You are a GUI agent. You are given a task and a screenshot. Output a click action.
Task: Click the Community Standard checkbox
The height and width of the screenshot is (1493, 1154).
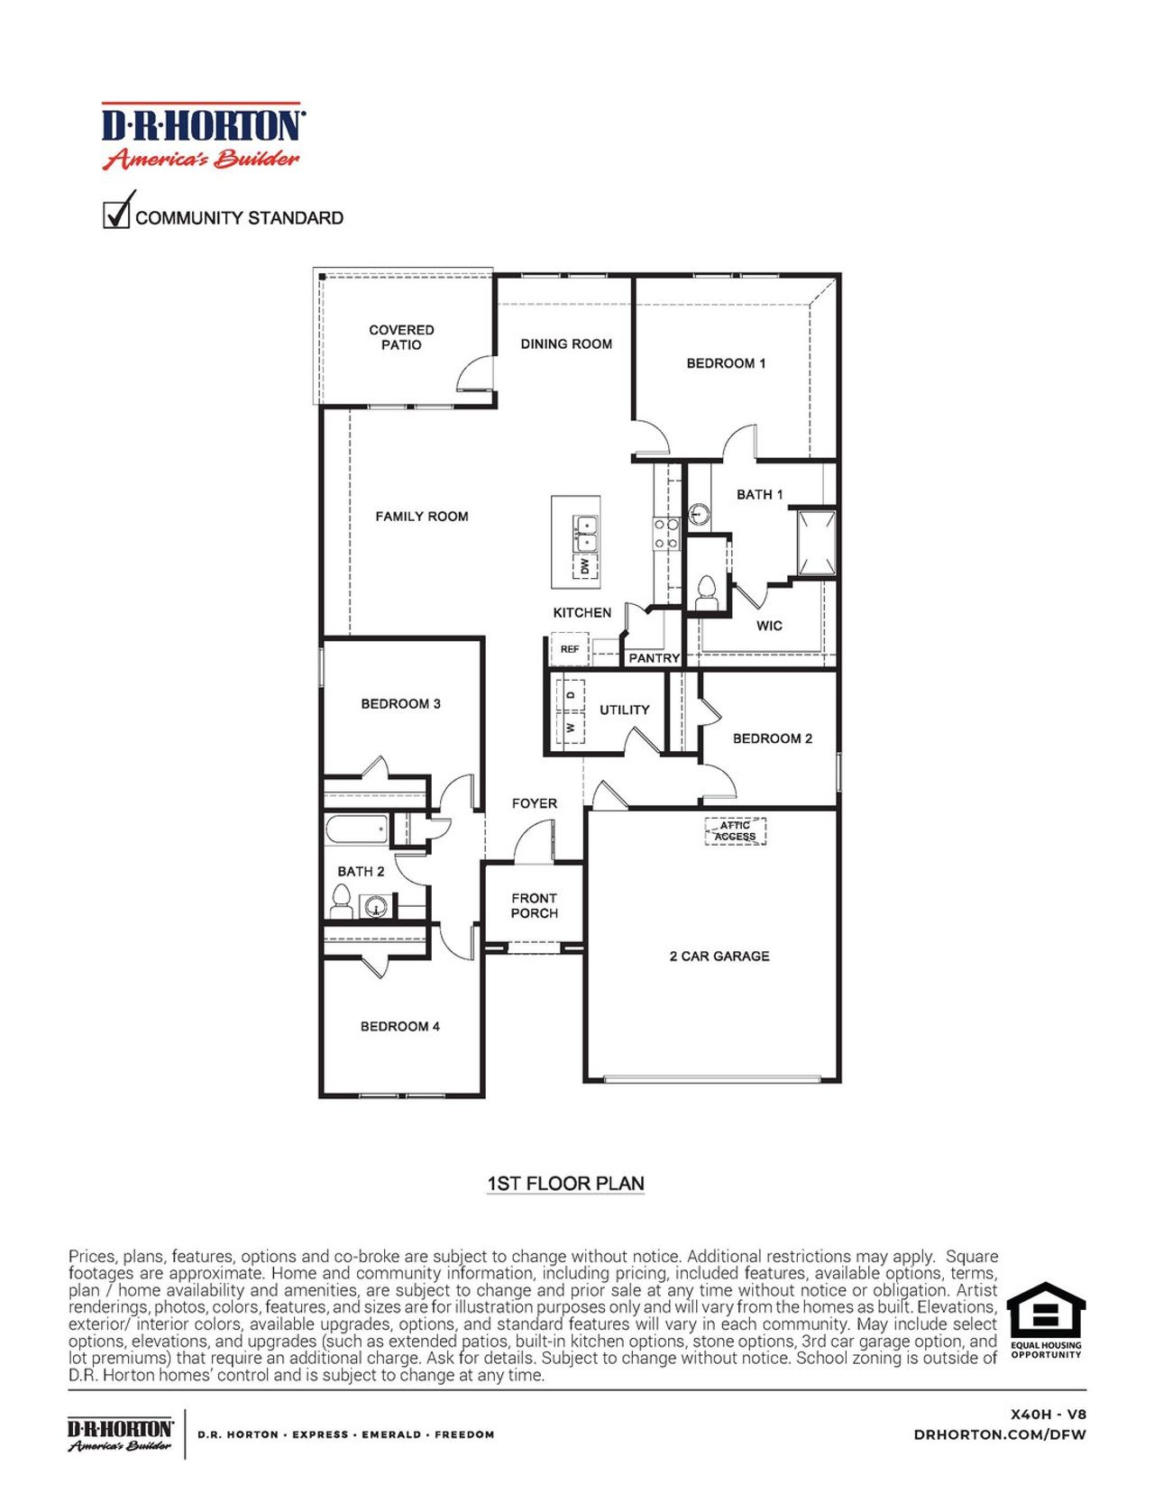(116, 215)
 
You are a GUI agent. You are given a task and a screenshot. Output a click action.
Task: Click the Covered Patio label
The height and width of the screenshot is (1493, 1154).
(401, 337)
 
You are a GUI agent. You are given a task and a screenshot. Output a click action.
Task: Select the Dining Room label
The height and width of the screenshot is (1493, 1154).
(566, 343)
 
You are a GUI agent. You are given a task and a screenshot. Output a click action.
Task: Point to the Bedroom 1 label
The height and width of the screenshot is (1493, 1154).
(726, 363)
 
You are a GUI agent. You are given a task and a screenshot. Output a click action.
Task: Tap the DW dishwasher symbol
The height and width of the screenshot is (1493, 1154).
(585, 566)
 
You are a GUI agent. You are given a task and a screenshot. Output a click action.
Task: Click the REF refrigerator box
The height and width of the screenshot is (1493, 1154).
(570, 649)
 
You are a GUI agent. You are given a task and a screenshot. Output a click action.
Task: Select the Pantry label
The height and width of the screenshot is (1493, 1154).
(654, 658)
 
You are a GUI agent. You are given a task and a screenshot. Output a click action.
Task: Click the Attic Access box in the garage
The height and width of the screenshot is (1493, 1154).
(735, 830)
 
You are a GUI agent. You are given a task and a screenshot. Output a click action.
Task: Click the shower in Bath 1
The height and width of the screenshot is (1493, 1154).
(816, 542)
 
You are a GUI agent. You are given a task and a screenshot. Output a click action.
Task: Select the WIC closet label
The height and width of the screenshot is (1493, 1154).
(769, 626)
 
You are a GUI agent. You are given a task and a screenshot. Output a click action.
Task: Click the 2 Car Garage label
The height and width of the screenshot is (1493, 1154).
(719, 956)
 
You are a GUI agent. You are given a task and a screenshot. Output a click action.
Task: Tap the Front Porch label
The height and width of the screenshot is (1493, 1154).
(534, 905)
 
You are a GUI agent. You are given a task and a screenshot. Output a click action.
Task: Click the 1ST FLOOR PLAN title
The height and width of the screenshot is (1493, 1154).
(565, 1183)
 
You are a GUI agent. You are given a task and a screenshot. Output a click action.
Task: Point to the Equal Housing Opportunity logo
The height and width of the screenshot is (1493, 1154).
(1046, 1319)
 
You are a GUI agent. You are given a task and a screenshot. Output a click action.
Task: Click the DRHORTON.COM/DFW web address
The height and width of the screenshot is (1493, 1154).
(1000, 1434)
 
